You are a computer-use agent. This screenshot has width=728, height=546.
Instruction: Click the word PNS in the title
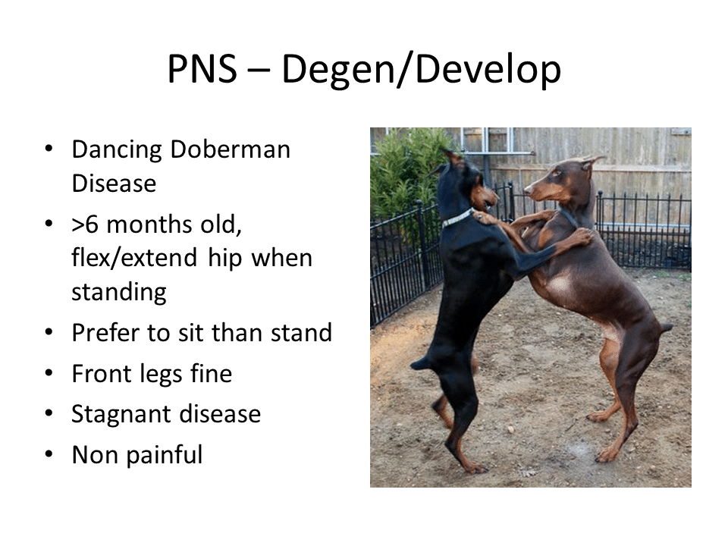click(x=202, y=69)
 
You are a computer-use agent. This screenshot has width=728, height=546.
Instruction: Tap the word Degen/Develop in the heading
click(x=421, y=70)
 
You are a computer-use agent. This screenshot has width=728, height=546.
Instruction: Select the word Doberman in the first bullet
click(x=231, y=149)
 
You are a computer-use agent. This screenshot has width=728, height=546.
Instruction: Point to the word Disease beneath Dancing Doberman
click(x=115, y=184)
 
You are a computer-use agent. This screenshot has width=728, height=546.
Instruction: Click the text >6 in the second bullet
click(x=85, y=224)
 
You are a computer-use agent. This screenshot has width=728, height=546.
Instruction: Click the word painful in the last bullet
click(x=165, y=455)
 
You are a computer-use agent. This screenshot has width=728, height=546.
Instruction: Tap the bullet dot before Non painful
click(x=49, y=454)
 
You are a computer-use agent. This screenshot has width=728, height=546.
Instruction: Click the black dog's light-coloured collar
click(x=458, y=218)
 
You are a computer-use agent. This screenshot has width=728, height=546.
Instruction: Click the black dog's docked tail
click(x=420, y=362)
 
